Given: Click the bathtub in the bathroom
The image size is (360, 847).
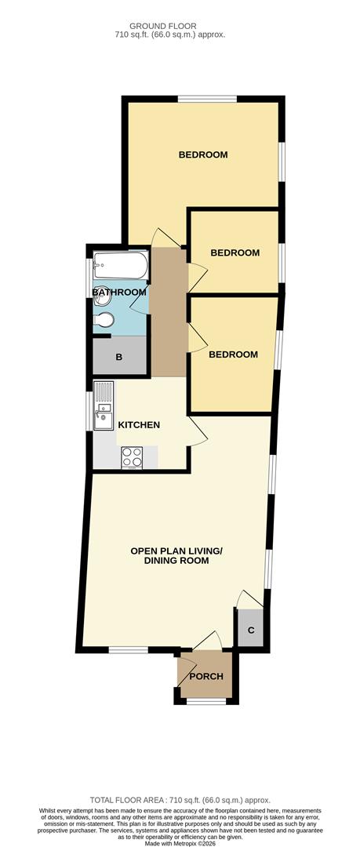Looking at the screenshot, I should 120,266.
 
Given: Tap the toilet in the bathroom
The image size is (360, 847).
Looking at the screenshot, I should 106,319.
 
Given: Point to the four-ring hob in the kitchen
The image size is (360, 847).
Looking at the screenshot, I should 131,456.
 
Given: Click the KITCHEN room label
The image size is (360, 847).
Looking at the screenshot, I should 139,425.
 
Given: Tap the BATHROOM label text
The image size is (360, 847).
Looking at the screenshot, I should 119,293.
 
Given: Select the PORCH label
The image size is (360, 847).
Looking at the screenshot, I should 206,676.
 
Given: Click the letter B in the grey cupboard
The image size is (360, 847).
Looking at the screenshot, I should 119,358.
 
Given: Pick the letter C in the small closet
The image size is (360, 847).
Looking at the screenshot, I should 251,630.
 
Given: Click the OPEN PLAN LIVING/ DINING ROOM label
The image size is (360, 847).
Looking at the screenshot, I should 176,556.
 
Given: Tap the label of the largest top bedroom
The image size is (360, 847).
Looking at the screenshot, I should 203,154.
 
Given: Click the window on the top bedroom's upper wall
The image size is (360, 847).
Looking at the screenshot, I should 207,98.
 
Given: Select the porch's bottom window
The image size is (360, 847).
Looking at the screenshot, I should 205,701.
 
